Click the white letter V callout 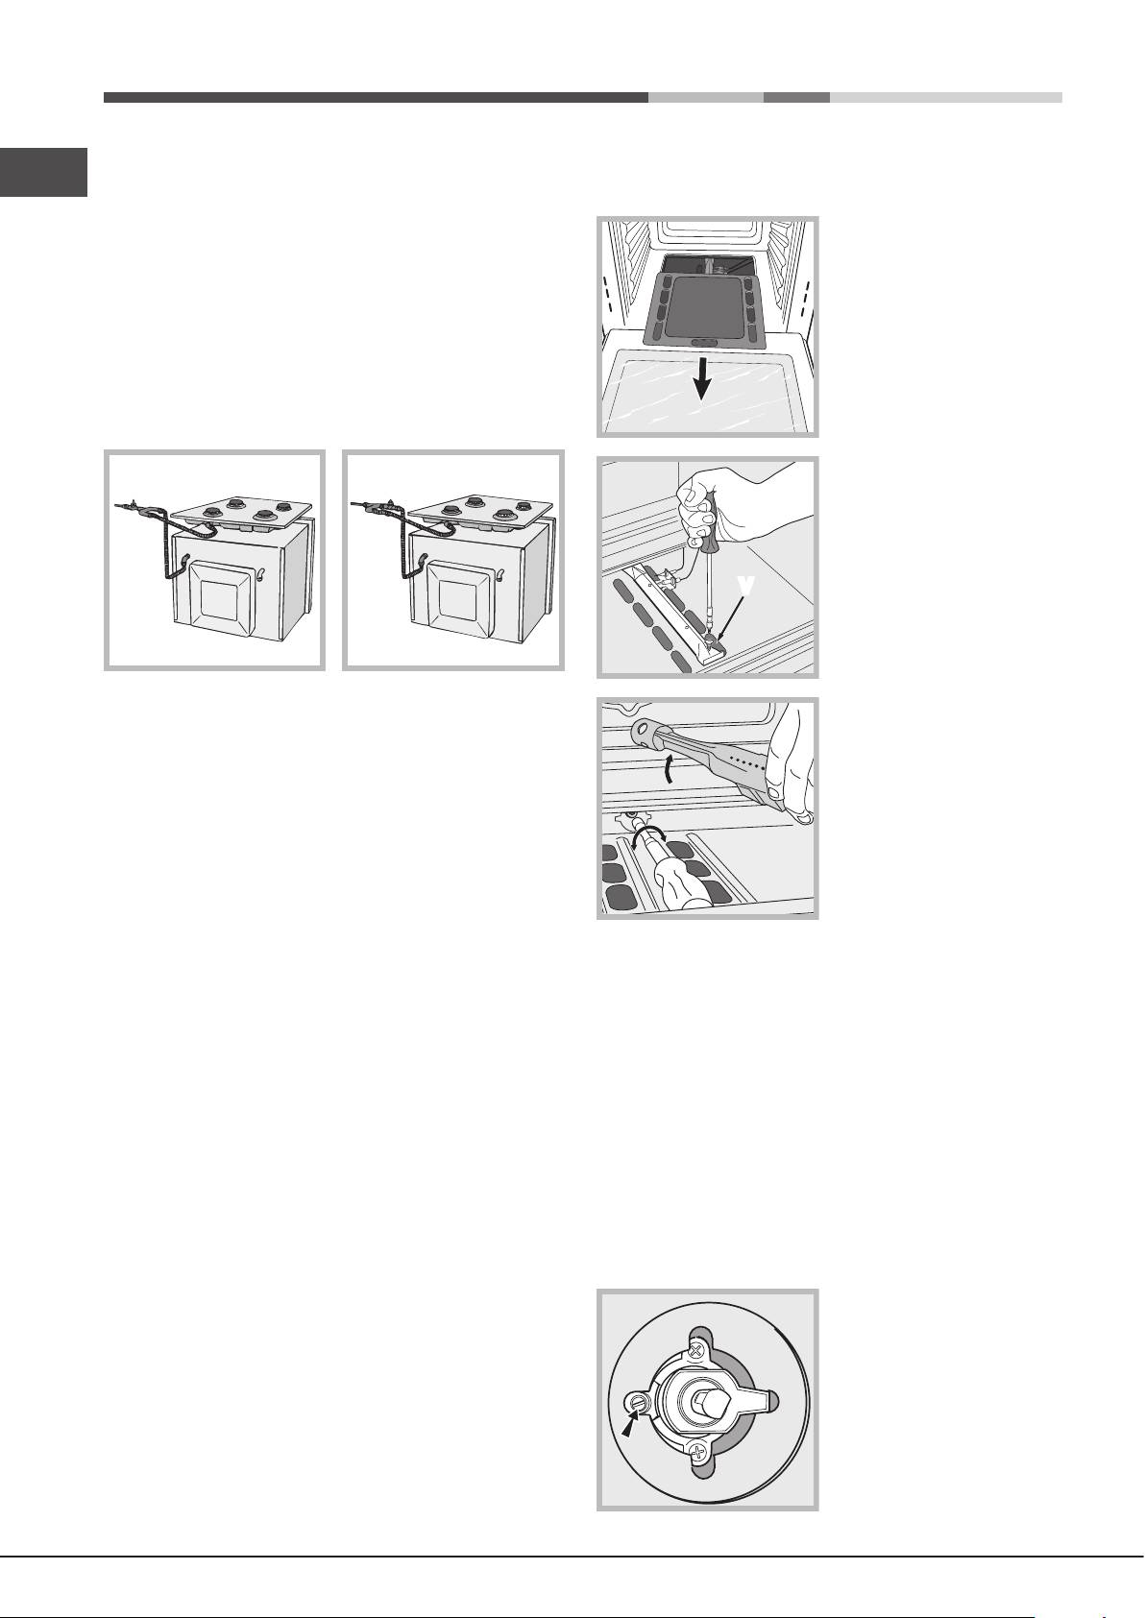tap(747, 586)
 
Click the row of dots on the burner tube tap(747, 760)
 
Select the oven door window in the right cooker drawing tap(457, 599)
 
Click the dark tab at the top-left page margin tap(43, 173)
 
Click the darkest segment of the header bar tap(376, 98)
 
